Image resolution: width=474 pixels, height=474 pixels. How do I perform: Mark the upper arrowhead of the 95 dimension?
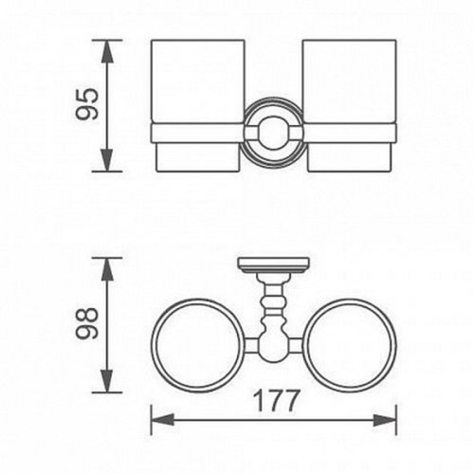tap(109, 47)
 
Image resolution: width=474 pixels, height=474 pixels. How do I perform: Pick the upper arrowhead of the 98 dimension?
tap(109, 266)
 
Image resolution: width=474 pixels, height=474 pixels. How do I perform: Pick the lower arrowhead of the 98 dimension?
tap(109, 384)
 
